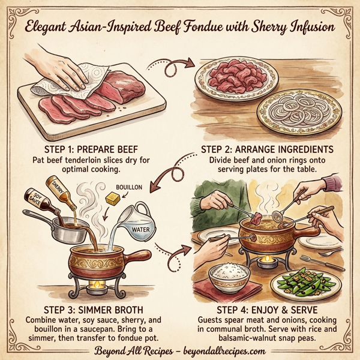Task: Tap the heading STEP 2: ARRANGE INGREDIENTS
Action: (x=266, y=149)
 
